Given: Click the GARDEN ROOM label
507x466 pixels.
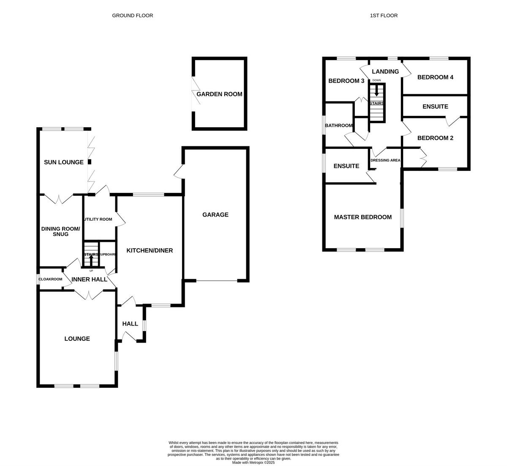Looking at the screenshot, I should [219, 94].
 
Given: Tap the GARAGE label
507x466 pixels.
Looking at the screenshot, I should [215, 214].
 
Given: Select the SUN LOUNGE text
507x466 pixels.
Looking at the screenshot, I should [64, 162].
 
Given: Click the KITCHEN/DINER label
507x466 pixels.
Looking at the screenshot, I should [150, 250].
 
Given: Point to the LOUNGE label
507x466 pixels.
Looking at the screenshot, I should [77, 338].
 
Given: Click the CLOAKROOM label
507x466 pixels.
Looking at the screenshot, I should [50, 279].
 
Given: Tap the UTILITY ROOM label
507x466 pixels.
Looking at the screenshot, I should [98, 219].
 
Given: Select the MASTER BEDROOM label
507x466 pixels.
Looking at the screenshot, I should [363, 217].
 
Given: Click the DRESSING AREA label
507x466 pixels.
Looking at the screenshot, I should [385, 160].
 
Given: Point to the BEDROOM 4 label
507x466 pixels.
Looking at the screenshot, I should [435, 77].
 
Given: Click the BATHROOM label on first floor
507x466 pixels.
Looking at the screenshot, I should [338, 125].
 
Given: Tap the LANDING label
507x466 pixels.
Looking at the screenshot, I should [385, 71].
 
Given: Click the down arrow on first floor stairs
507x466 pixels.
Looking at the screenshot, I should [376, 90].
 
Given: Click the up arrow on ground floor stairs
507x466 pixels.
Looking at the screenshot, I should [91, 259].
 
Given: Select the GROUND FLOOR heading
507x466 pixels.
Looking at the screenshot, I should [132, 15].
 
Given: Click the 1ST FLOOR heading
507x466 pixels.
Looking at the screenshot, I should [384, 15].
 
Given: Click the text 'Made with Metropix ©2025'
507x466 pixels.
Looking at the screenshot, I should [253, 463].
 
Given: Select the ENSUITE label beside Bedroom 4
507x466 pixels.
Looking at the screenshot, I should [435, 107].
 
